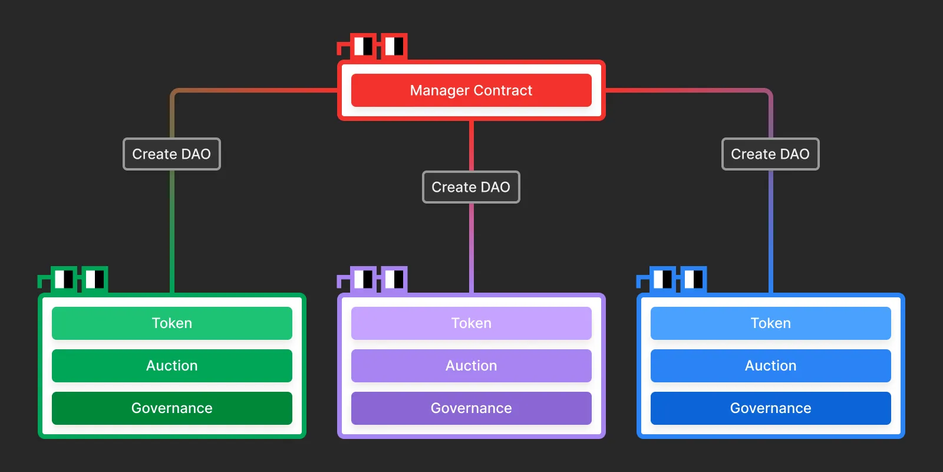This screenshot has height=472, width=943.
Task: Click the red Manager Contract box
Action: coord(471,90)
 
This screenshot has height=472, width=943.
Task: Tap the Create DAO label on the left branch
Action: coord(172,154)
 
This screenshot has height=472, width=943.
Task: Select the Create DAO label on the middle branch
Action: coord(471,187)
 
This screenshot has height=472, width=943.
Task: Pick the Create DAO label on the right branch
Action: coord(770,154)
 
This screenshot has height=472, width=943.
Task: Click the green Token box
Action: coord(172,323)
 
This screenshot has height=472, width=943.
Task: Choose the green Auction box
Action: coord(172,366)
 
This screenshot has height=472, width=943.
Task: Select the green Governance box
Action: coord(172,408)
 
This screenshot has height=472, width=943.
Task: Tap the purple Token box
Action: coord(471,323)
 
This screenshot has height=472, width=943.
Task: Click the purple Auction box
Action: coord(471,366)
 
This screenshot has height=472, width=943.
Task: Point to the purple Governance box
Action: coord(471,408)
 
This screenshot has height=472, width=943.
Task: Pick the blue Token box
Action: coord(770,323)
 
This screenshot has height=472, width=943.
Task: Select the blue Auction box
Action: coord(770,366)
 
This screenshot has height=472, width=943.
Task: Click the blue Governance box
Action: coord(770,408)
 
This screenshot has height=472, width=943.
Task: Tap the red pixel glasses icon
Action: coord(377,46)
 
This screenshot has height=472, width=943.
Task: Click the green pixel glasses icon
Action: coord(78,278)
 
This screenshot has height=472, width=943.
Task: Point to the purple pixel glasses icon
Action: coord(377,278)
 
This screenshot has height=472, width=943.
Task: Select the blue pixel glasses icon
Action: coord(677,278)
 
